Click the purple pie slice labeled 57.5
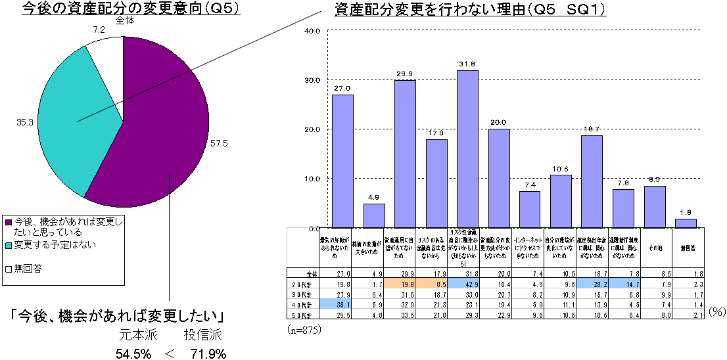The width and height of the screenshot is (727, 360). tap(164, 131)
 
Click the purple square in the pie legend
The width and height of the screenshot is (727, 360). tap(8, 222)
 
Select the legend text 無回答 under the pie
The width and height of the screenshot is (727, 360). tap(28, 268)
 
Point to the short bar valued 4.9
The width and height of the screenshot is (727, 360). tap(374, 215)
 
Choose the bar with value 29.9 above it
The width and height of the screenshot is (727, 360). tap(405, 154)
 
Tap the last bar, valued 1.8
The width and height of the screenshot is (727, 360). tap(686, 223)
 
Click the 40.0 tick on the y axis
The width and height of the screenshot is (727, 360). tap(311, 31)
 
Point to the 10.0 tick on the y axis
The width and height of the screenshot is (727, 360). tap(311, 179)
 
